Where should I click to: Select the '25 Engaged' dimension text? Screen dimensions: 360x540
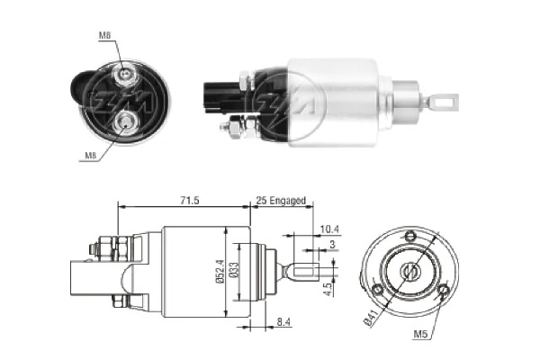(x=280, y=200)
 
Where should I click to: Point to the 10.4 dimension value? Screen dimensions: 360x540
(x=329, y=229)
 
